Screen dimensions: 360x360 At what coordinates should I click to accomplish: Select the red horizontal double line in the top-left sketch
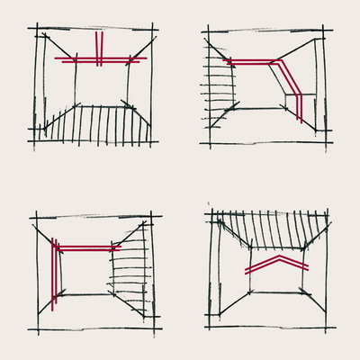click(x=121, y=59)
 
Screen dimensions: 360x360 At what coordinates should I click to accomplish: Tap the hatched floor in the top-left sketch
click(x=99, y=124)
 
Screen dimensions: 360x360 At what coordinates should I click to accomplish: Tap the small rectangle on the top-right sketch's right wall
click(x=294, y=101)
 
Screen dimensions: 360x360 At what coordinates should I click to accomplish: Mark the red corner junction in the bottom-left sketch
click(x=54, y=247)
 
